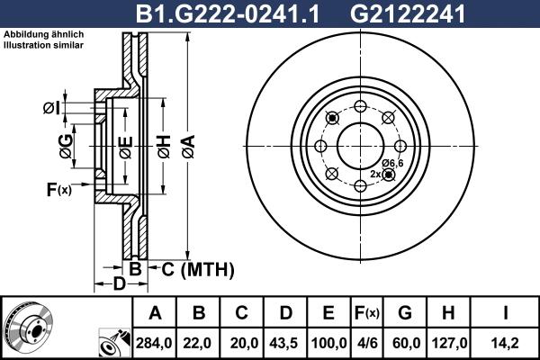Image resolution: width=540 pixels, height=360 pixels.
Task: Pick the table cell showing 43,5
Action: pyautogui.click(x=285, y=342)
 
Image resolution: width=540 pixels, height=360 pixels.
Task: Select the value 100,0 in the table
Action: pyautogui.click(x=328, y=342)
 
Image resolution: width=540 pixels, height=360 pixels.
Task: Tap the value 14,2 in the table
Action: pyautogui.click(x=507, y=342)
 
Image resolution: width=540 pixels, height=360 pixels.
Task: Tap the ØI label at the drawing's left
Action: pyautogui.click(x=50, y=109)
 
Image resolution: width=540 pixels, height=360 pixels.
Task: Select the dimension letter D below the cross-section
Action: pyautogui.click(x=119, y=285)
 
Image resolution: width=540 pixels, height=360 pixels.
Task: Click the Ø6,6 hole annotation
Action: pyautogui.click(x=391, y=162)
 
